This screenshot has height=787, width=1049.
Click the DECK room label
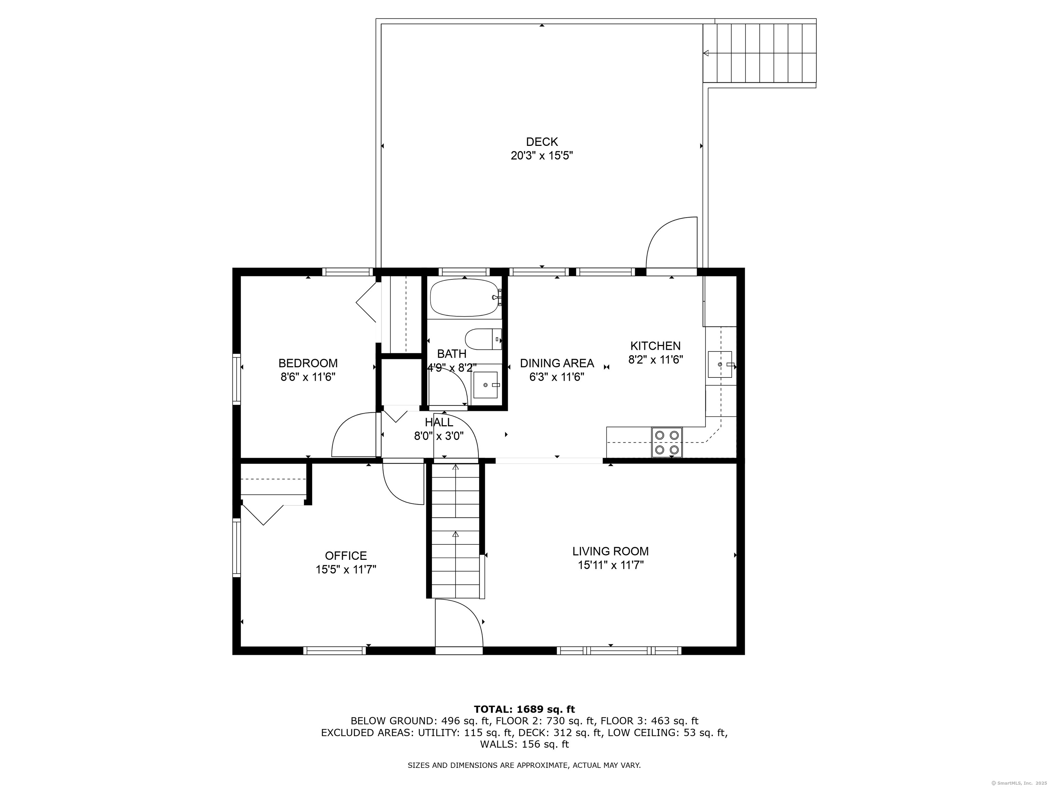[x=542, y=141]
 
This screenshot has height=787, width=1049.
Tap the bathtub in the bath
[x=465, y=298]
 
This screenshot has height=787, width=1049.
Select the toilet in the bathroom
[x=483, y=339]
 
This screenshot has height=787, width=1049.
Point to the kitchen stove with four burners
[x=667, y=442]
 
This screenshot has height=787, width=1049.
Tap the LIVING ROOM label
[x=610, y=551]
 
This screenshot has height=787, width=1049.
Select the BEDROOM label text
[x=308, y=363]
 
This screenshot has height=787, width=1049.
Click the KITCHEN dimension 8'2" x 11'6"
[x=655, y=360]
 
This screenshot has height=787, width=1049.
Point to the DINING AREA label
[x=557, y=363]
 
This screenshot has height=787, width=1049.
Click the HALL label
[x=439, y=422]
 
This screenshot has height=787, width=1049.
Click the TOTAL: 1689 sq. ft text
[x=524, y=709]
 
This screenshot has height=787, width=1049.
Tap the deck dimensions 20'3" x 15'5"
[x=542, y=156]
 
